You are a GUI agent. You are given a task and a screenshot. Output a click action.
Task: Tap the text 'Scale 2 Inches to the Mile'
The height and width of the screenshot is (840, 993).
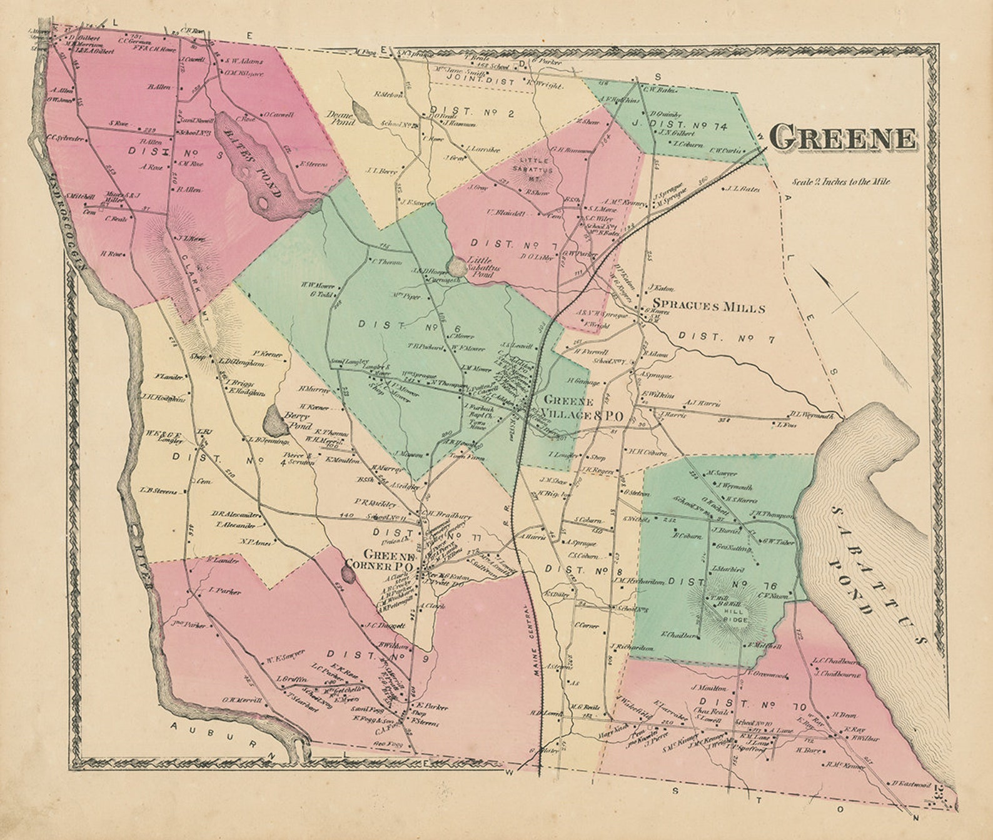(841, 183)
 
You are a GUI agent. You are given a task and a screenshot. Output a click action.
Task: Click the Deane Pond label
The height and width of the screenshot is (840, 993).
(342, 119)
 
